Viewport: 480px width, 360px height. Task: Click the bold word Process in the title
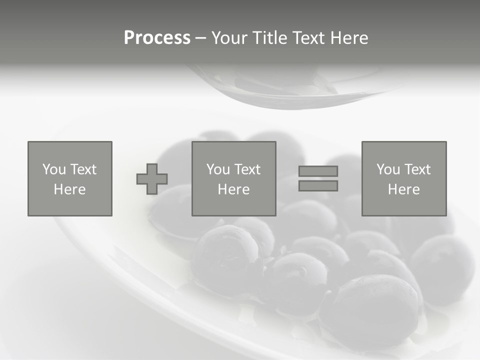(x=157, y=38)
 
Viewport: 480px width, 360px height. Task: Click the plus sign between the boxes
(x=152, y=179)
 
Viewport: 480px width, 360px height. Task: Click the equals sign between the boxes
(x=318, y=178)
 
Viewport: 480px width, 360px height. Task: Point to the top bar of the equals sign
(x=318, y=171)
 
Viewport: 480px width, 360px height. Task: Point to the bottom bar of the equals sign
(x=318, y=186)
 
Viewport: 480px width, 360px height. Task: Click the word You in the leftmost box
(x=53, y=169)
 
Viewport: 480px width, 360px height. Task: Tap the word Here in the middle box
(x=234, y=189)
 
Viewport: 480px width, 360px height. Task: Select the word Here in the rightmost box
(x=404, y=189)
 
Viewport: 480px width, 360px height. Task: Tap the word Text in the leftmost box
(x=82, y=169)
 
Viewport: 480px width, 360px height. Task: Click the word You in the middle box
(x=217, y=169)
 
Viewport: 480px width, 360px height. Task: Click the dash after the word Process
(x=200, y=38)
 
